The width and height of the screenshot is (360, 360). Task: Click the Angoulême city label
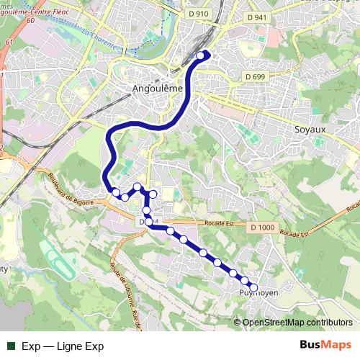(158, 89)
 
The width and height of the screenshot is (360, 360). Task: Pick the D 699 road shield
(256, 76)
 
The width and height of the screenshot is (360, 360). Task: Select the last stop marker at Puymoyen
(253, 287)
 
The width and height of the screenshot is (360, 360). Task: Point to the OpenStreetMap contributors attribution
(297, 323)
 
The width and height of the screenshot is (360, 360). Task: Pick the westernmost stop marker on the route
(115, 192)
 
